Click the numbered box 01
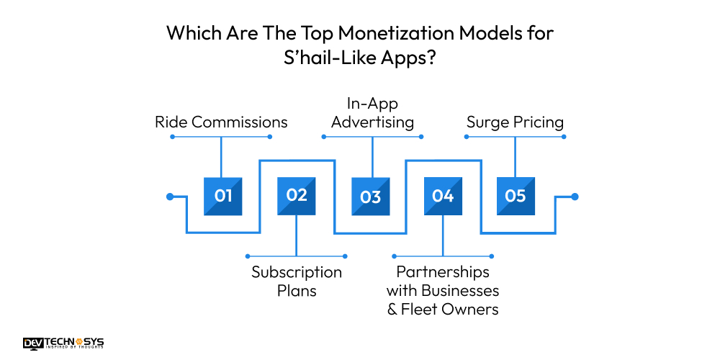coord(223,196)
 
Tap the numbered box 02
coord(297,196)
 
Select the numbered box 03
coord(370,196)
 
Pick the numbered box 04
coord(443,196)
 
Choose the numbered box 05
coord(516,196)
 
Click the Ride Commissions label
coord(221,122)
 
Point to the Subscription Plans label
coord(297,282)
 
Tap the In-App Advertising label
coord(372,113)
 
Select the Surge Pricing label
coord(515,122)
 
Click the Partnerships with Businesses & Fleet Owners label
coord(443,291)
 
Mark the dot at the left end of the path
coord(170,196)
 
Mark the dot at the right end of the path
coord(574,196)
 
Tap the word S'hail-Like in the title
coord(327,58)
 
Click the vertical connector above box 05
coord(516,156)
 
